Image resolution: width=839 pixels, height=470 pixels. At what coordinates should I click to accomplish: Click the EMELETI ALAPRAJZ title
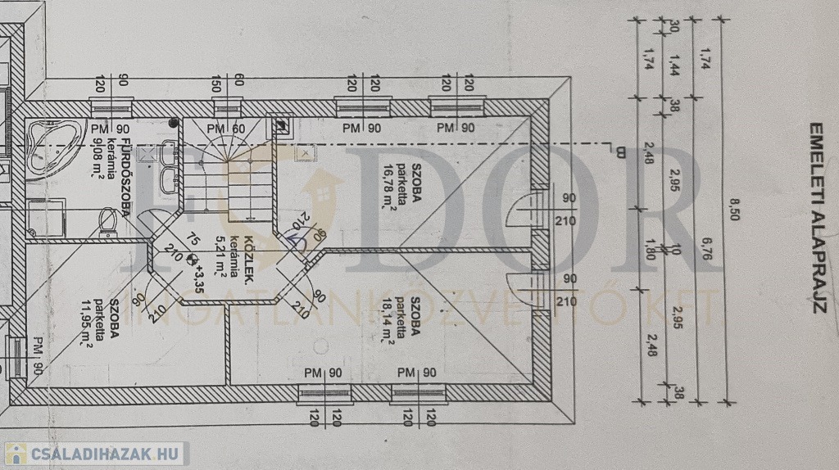pos(816,219)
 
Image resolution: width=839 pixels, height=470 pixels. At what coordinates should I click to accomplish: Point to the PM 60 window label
pos(225,129)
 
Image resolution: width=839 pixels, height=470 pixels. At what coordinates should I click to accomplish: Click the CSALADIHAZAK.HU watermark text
pos(103,454)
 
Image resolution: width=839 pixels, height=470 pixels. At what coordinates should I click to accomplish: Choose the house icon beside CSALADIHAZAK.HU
pos(16,454)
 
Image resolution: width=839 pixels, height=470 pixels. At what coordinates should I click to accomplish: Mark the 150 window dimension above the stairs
pos(216,84)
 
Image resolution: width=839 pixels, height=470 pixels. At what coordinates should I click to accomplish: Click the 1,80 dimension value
pos(673,247)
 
